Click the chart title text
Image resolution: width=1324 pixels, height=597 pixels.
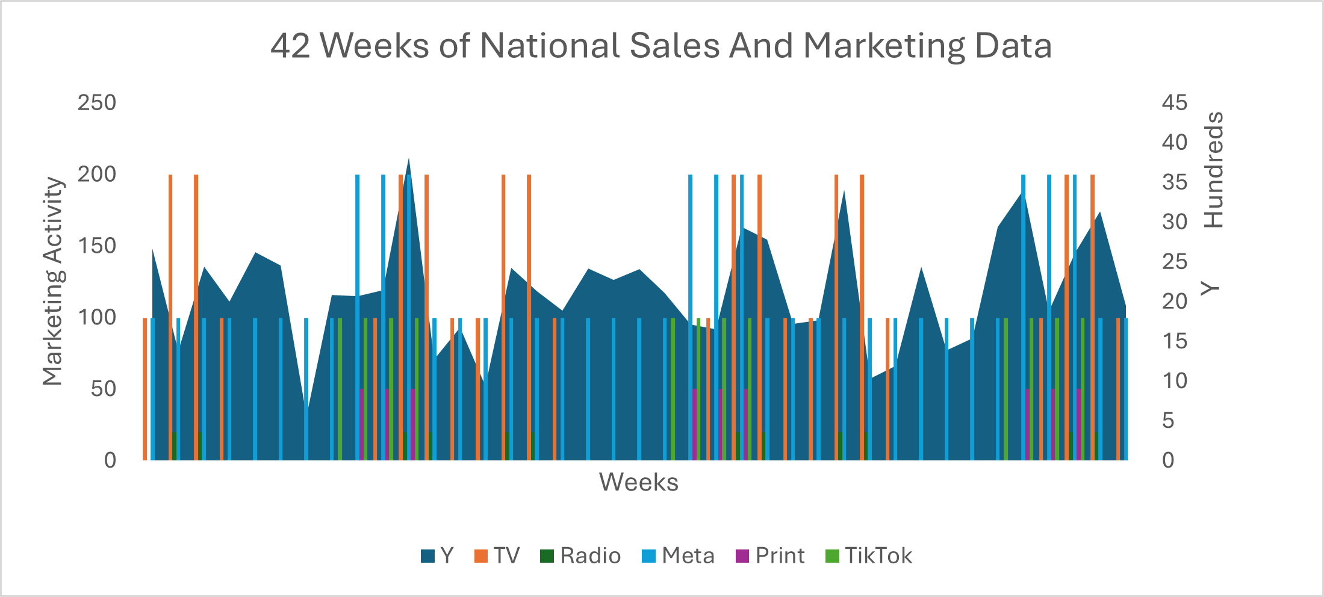pos(661,46)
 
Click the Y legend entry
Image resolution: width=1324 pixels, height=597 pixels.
pos(438,555)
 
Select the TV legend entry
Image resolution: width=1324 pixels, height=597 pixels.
pos(498,555)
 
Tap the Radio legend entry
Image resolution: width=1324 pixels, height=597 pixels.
pos(582,555)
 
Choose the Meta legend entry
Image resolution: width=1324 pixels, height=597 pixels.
pos(679,555)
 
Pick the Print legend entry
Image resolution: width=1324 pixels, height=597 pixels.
pos(771,555)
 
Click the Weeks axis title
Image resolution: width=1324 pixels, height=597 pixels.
pos(638,482)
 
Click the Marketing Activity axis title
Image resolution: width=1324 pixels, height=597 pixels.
pos(52,281)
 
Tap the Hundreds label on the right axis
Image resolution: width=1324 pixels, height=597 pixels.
pos(1213,170)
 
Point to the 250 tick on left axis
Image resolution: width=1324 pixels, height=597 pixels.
pos(96,103)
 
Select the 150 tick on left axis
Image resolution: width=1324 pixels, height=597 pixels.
pos(96,246)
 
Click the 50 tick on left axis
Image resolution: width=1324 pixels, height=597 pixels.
pos(103,389)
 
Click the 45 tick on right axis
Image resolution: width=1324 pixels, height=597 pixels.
pos(1174,103)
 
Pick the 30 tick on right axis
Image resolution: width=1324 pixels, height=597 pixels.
pos(1174,222)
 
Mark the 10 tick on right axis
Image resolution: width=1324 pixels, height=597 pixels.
pos(1174,381)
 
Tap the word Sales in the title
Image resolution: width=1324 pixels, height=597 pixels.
pos(674,46)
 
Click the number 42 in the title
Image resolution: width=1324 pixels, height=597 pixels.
pos(290,46)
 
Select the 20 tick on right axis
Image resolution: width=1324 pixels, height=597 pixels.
pos(1174,302)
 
